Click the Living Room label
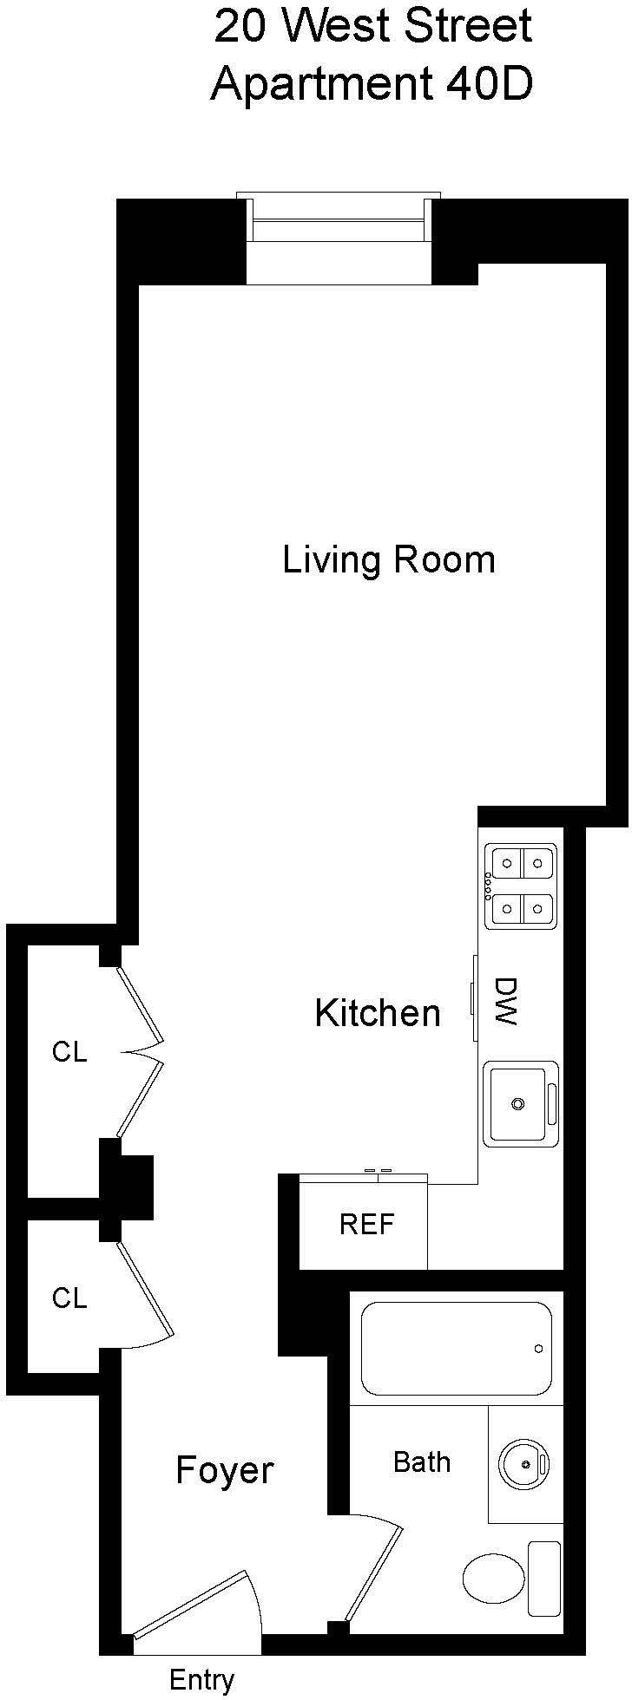[x=388, y=559]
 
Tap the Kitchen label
[x=377, y=1012]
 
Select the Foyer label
[x=224, y=1470]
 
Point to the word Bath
[x=422, y=1461]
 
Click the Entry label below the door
[x=201, y=1680]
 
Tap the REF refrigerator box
[x=365, y=1225]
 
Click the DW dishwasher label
[x=505, y=1001]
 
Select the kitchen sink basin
[x=518, y=1104]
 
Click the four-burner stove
[x=521, y=886]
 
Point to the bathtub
[x=457, y=1348]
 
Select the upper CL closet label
[x=69, y=1051]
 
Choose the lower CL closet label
[x=69, y=1298]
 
